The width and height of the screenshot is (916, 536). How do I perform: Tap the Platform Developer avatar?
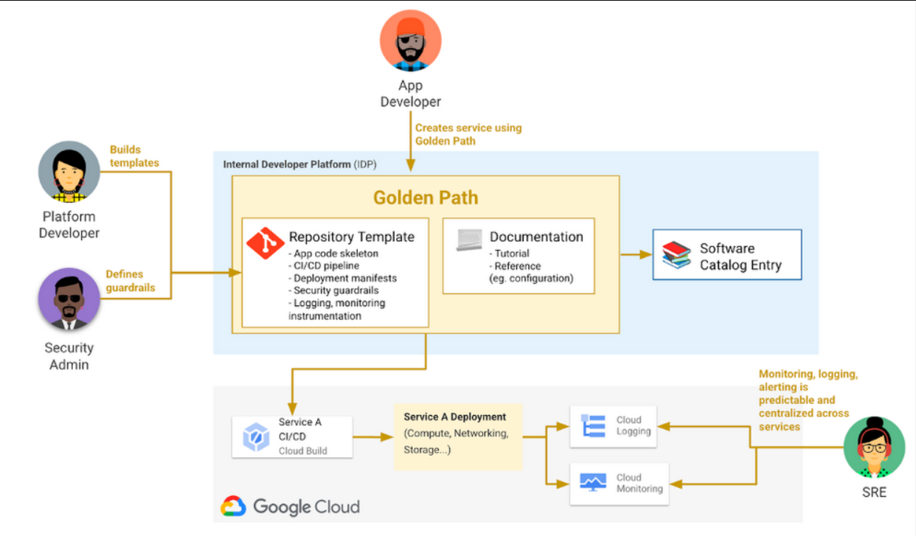69,171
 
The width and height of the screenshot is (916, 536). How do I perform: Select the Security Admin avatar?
69,298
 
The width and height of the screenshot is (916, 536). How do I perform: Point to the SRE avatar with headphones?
874,447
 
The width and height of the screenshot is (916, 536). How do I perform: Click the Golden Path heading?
426,198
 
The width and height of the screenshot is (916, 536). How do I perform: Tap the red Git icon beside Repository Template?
265,242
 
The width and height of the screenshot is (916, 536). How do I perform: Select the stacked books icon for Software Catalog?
676,255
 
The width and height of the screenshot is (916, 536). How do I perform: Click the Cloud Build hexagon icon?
256,437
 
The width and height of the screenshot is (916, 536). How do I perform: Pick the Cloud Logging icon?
593,426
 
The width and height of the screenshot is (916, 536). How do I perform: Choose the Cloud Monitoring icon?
593,483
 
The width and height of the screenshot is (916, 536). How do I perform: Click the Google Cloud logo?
291,507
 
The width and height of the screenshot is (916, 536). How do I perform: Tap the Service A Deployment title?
454,417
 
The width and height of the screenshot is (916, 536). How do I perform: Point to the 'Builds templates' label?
134,156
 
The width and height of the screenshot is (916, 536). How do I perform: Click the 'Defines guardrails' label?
131,281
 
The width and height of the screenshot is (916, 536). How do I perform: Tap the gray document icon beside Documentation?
469,240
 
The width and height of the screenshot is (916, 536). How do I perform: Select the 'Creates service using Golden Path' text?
468,134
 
